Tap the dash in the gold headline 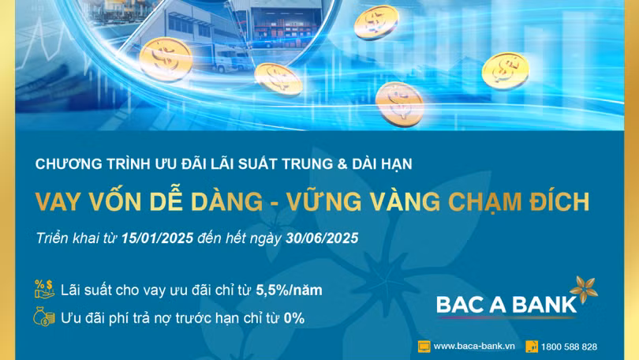coord(275,202)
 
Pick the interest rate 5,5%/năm coord(289,290)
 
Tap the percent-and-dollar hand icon coord(43,289)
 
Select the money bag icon coord(43,317)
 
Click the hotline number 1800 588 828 coord(570,346)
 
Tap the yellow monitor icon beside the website coord(424,346)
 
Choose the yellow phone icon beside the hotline coord(532,346)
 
